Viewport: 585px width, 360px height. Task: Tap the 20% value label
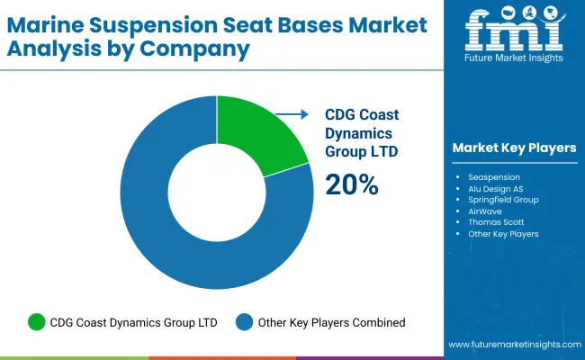[x=352, y=184]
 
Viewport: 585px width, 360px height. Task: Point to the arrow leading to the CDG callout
[x=288, y=115]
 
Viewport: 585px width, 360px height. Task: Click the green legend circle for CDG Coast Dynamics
[x=37, y=322]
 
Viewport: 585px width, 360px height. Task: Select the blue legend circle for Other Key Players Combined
[x=244, y=322]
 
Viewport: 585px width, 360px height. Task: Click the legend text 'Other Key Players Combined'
[x=331, y=322]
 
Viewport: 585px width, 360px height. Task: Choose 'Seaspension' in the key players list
[x=495, y=176]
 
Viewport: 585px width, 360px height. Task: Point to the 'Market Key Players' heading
[x=514, y=148]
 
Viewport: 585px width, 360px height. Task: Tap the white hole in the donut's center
[x=216, y=193]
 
